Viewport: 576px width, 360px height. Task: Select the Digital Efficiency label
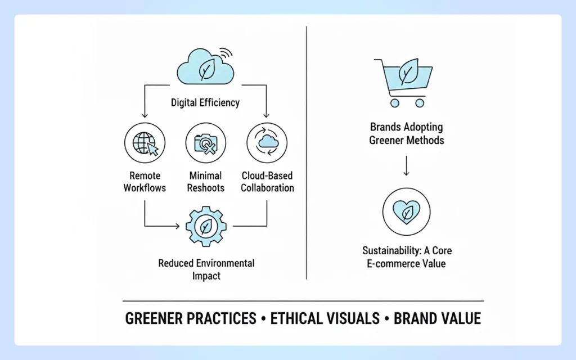[205, 103]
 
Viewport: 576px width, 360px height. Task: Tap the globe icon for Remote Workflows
[145, 143]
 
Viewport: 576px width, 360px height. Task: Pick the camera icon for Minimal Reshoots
[205, 143]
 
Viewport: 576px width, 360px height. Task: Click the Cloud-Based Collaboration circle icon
[267, 143]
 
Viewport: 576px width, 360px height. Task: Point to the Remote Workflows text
[145, 182]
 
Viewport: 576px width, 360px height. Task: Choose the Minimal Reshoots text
[205, 182]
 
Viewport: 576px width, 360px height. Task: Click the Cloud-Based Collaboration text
[267, 182]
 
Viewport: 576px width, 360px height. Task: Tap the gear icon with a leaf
[206, 226]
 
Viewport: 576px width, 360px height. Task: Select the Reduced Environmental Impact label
[206, 269]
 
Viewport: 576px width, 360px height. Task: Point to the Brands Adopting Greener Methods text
[406, 134]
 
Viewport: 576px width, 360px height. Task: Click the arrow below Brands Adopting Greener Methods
[406, 166]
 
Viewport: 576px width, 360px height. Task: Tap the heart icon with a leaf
[406, 212]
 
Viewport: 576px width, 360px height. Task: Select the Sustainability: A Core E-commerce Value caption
[406, 256]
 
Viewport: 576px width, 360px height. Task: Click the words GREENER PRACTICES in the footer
[190, 319]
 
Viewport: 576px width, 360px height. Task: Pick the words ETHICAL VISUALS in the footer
[325, 319]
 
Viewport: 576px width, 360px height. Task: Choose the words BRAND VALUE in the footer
[437, 319]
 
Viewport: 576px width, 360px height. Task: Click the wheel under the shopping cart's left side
[395, 103]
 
